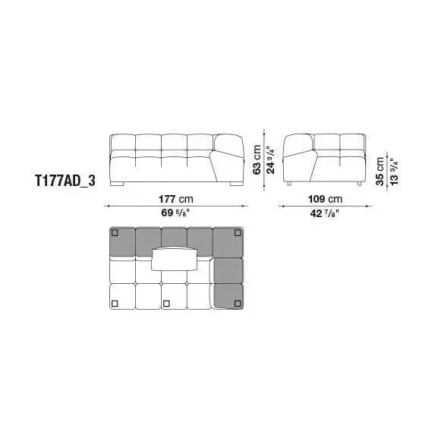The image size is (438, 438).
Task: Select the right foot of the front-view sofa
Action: point(238,184)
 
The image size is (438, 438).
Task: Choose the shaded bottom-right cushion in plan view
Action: point(228,295)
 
